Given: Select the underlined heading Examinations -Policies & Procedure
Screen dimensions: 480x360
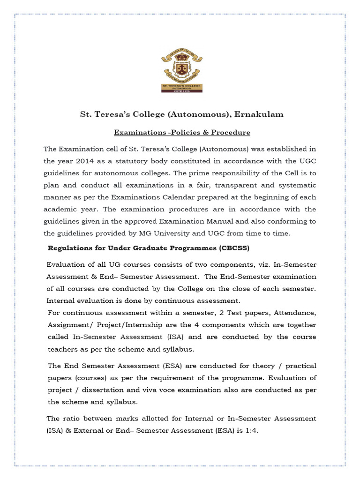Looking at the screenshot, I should point(182,133).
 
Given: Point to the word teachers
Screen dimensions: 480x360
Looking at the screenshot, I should point(63,349).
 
